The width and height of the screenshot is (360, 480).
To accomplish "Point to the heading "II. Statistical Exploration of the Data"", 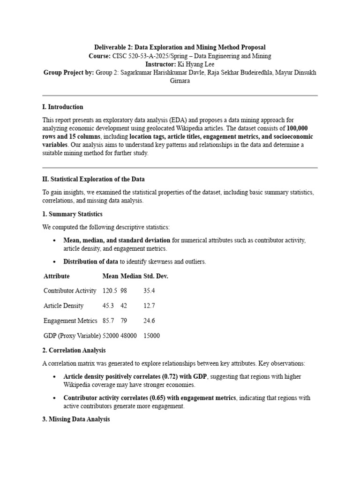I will click(x=94, y=179).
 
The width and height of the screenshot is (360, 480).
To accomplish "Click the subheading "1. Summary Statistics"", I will click(x=72, y=214).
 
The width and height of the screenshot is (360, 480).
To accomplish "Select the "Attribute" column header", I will click(x=56, y=276).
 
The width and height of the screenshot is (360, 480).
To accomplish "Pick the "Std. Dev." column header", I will click(x=156, y=276).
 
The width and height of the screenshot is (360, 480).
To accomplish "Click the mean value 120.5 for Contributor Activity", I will click(x=110, y=291).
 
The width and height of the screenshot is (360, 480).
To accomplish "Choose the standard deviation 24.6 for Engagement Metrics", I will click(x=149, y=321).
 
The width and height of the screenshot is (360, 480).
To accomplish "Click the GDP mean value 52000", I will click(x=110, y=336).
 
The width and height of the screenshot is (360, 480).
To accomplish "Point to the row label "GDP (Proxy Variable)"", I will click(x=72, y=336).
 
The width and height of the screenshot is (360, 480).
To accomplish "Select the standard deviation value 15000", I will click(x=151, y=336).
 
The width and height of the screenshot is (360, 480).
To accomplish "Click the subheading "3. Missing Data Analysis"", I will click(x=76, y=420).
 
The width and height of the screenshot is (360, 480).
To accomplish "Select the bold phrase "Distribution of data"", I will click(x=90, y=262).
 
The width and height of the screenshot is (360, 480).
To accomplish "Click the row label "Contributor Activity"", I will click(x=70, y=291).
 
